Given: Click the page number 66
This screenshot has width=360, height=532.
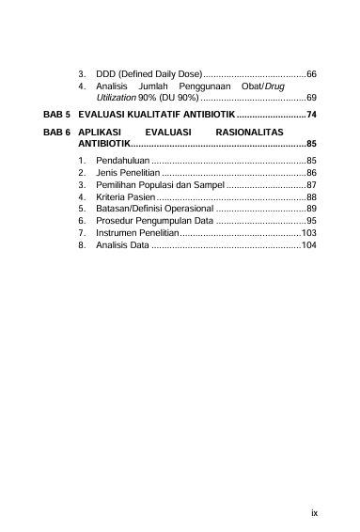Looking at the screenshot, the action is tap(311, 73).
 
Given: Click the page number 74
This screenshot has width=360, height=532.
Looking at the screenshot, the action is tap(311, 115).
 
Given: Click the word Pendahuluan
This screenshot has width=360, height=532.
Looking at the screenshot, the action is tap(122, 162).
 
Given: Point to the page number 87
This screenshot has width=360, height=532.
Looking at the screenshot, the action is tap(311, 185).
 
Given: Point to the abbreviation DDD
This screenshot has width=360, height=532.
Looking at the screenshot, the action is tap(105, 73).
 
